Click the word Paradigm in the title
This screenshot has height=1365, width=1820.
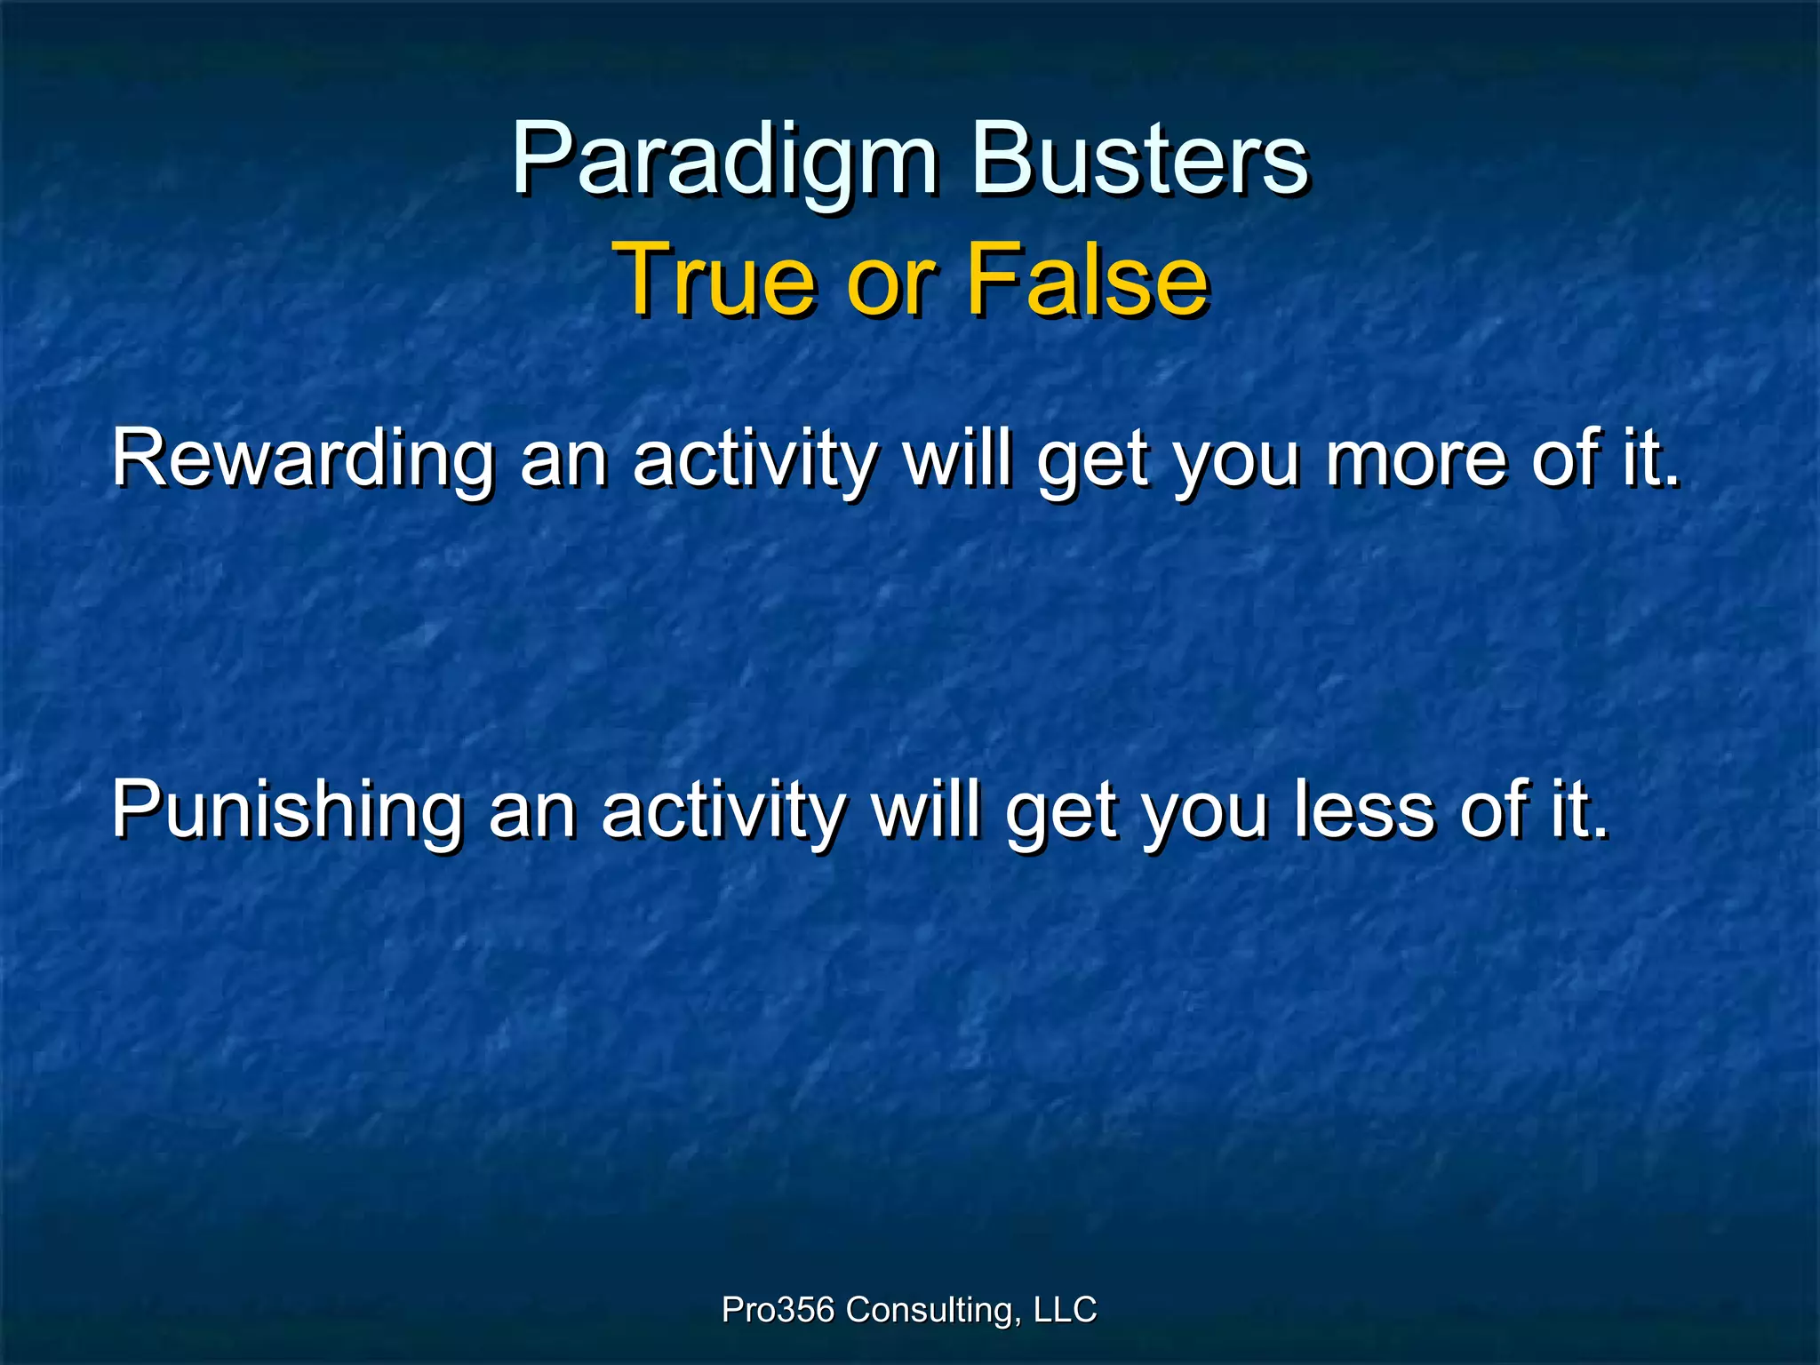tap(724, 160)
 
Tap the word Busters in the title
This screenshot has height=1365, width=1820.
tap(1139, 160)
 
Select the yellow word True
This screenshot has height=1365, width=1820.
tap(715, 281)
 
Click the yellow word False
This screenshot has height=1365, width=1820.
tap(1087, 281)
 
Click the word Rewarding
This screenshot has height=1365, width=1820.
tap(302, 460)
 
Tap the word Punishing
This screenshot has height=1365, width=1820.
tap(286, 810)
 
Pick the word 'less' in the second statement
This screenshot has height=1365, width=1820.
tap(1364, 810)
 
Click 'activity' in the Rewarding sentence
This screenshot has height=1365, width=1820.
tap(755, 460)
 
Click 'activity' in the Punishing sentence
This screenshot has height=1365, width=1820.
tap(723, 810)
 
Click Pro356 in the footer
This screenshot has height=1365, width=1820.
tap(778, 1309)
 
